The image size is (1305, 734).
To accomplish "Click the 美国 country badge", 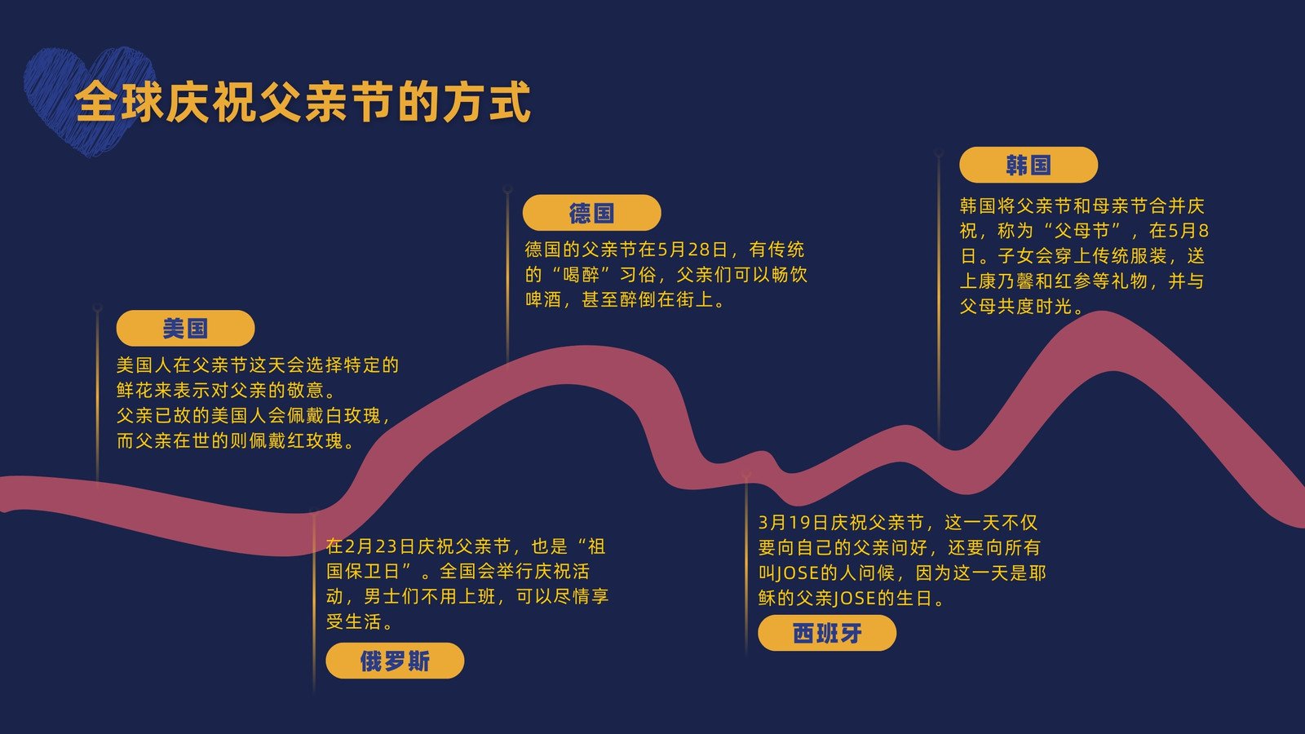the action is coord(185,328).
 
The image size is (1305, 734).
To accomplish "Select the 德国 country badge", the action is coord(591,213).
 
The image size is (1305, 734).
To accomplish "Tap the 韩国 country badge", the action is coord(1029,165).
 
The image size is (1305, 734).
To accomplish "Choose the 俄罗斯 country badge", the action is coord(395,661).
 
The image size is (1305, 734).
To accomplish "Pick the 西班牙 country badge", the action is coord(827,633).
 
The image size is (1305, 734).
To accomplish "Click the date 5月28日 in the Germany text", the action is coord(692,250).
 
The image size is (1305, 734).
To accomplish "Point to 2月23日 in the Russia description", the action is coord(379,546).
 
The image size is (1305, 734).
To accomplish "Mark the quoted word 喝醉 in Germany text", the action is coord(581,274).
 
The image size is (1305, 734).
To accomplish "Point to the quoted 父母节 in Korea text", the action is coord(1082,231).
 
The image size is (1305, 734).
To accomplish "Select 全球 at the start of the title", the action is coord(119,103).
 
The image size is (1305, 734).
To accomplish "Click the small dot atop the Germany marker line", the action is coord(507,189).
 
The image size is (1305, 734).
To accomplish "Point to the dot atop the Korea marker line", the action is coord(938,153).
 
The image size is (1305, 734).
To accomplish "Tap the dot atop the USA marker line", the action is coord(97,307).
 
